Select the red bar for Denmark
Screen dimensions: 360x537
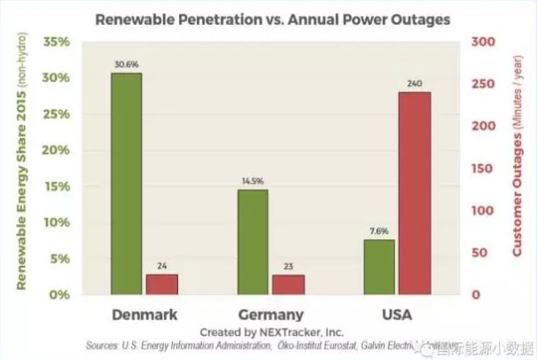coord(162,284)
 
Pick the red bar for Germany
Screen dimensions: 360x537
coord(288,285)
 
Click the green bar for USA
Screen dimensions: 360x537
coord(378,266)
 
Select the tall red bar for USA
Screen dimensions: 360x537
coord(414,192)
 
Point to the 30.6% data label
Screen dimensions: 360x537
coord(127,64)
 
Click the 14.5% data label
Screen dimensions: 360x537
coord(253,181)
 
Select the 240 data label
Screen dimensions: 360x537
coord(414,83)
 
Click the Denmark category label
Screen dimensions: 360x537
coord(145,314)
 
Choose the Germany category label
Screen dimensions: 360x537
coord(271,314)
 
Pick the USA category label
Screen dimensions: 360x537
coord(396,314)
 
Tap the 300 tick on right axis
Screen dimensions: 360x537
coord(482,42)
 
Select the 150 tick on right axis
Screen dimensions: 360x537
coord(482,168)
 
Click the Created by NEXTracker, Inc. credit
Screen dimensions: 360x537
coord(271,330)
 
